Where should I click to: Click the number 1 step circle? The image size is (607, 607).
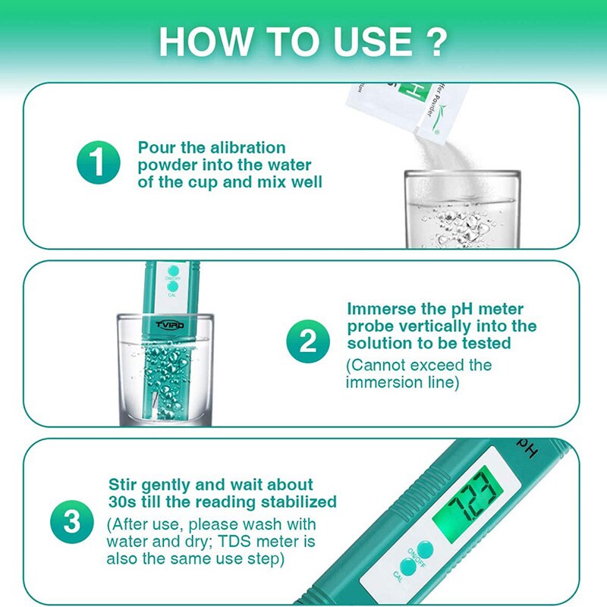(98, 162)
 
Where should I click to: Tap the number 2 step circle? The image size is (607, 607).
(307, 341)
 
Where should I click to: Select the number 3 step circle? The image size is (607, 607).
(71, 521)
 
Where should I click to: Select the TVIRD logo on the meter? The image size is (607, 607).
(170, 324)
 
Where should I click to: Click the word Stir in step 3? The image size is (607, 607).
(125, 484)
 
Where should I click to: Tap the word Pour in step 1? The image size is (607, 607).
(156, 147)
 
